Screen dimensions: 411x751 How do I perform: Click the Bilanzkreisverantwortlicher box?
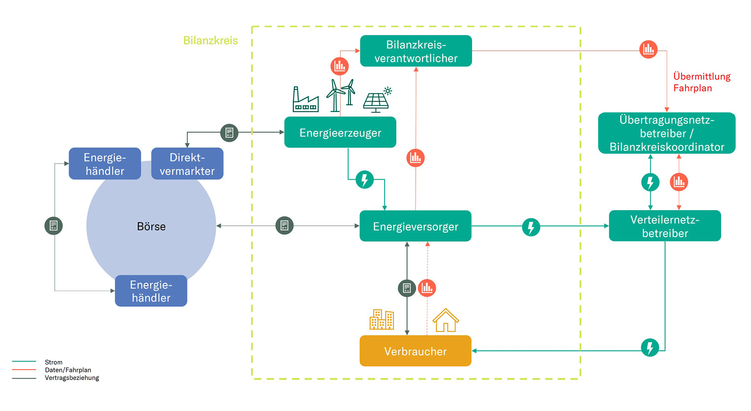[416, 51]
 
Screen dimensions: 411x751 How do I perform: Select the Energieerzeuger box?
[340, 132]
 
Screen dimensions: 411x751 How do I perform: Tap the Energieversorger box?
[415, 226]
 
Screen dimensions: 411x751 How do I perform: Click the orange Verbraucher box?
[415, 351]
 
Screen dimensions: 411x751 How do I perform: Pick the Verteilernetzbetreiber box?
[665, 226]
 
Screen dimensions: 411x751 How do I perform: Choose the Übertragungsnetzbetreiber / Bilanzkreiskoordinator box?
[667, 133]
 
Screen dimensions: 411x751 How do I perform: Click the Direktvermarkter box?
[187, 164]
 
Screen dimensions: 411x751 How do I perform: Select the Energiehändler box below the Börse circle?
[151, 291]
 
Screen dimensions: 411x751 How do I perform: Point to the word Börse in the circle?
[151, 226]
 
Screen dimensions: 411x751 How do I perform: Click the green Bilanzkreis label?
[211, 40]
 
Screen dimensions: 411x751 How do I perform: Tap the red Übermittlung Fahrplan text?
[701, 82]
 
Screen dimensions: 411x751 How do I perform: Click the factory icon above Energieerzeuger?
[305, 100]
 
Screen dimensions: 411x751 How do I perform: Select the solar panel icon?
[377, 100]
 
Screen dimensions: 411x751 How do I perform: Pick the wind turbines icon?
[341, 95]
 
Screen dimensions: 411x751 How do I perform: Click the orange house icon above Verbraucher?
[446, 320]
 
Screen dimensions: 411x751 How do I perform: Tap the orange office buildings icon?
[382, 319]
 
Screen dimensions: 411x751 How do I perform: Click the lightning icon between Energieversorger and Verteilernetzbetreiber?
[531, 227]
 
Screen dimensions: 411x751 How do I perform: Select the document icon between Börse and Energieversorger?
[285, 225]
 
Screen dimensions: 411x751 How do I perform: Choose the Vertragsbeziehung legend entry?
[72, 378]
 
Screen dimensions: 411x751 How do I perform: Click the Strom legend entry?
[53, 362]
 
